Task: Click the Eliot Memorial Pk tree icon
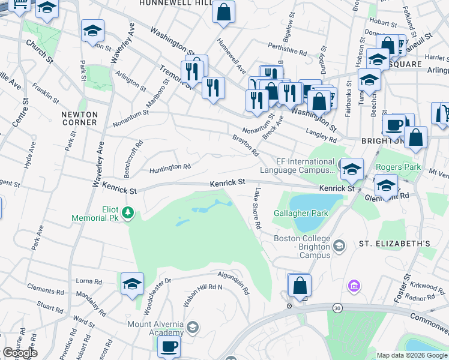click(x=127, y=212)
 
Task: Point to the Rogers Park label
click(x=396, y=167)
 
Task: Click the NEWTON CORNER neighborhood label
click(x=79, y=118)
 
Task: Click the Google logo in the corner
click(x=20, y=353)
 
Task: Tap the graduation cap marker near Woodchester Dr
click(x=132, y=283)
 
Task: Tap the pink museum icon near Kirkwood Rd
click(x=355, y=284)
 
